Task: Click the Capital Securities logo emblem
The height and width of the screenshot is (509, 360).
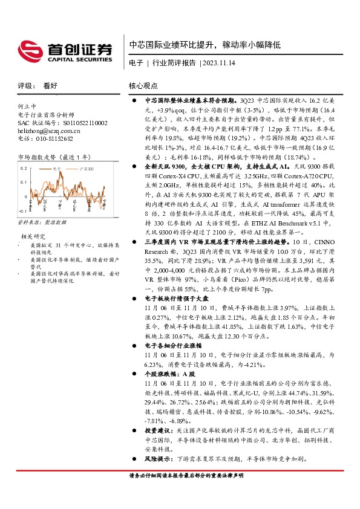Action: click(x=30, y=50)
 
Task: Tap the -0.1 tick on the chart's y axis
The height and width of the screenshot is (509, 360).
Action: click(x=22, y=212)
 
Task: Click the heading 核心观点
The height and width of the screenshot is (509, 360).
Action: click(x=143, y=86)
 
